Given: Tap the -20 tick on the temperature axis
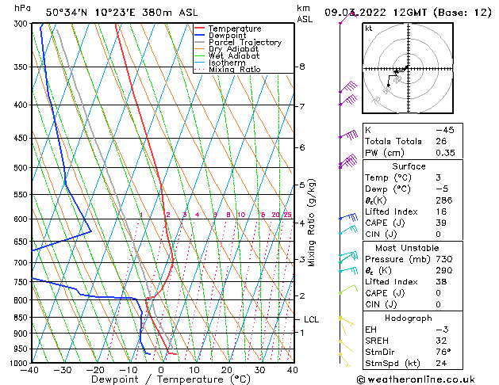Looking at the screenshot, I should [95, 369].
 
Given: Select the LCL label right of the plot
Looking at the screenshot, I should [312, 319].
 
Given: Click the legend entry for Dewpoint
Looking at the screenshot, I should [228, 36].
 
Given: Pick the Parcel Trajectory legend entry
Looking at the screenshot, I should [244, 43].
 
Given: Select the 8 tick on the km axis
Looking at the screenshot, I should [302, 67].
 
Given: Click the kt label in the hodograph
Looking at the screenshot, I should [369, 28].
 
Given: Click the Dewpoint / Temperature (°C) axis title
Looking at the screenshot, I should [162, 379].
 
